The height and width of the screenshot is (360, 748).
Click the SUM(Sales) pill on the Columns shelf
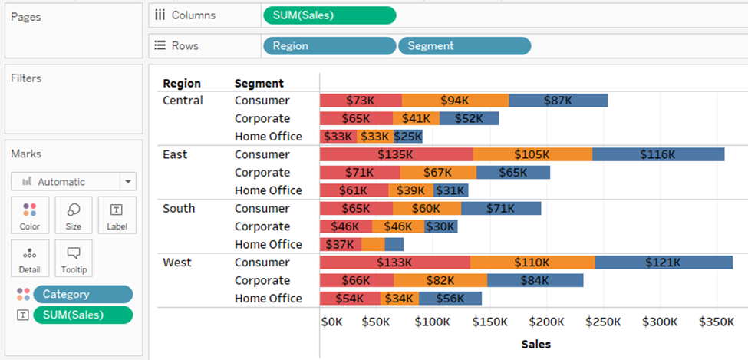coord(329,15)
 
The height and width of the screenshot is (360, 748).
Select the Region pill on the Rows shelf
coord(329,46)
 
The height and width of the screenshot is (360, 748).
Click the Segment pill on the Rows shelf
coord(464,46)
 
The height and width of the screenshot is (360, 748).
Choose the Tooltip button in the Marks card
coord(74,258)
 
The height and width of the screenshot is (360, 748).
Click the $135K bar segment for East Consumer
coord(396,154)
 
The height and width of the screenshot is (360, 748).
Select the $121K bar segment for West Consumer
coord(663,263)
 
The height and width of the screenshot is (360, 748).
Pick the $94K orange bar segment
coord(455,101)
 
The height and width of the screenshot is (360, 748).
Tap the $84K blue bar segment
coord(535,280)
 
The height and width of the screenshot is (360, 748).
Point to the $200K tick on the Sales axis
coord(546,322)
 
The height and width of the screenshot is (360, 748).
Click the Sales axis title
coord(535,344)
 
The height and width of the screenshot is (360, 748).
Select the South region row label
coord(179,209)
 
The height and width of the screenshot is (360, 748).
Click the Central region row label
coord(183,101)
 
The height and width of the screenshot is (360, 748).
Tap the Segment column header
coord(259,83)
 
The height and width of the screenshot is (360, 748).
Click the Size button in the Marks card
coord(74,215)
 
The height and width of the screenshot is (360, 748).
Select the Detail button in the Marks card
coord(30,258)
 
